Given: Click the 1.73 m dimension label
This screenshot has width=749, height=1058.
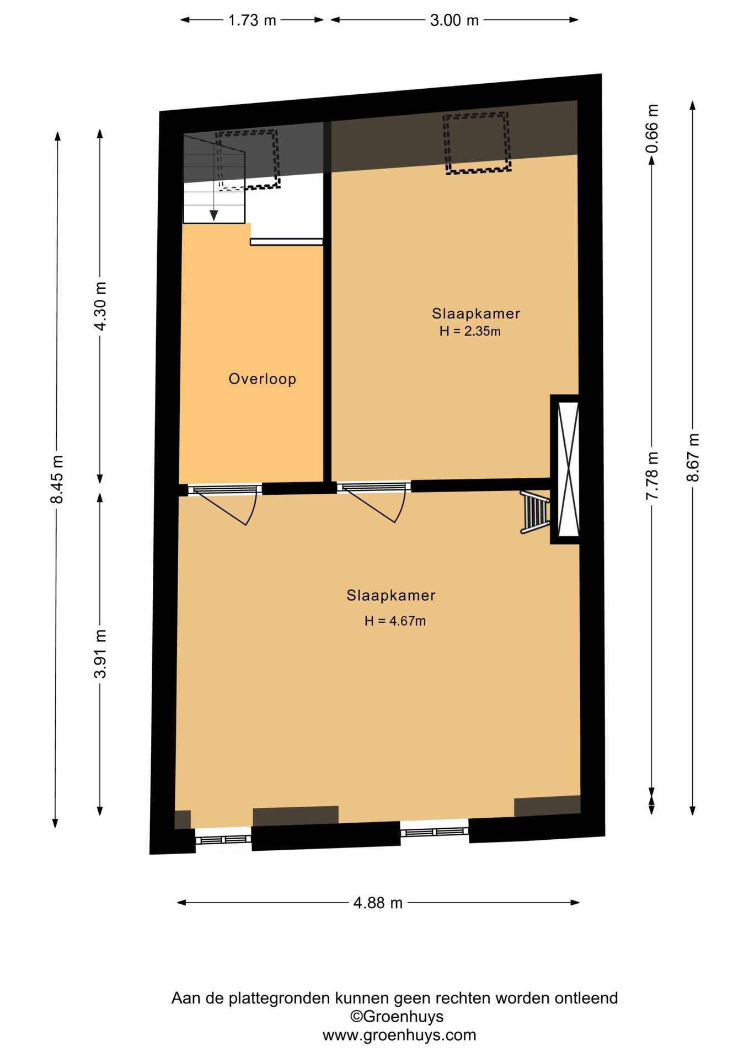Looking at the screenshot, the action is pyautogui.click(x=252, y=20).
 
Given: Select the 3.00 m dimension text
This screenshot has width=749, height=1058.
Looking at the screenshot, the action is pyautogui.click(x=454, y=20).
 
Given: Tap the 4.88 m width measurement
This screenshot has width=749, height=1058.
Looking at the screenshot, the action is pyautogui.click(x=378, y=903).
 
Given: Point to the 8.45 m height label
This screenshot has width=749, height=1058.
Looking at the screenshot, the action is pyautogui.click(x=57, y=479).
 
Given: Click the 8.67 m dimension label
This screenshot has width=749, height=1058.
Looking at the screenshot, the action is pyautogui.click(x=693, y=458).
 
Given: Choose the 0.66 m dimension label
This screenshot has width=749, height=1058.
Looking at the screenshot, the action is pyautogui.click(x=652, y=128).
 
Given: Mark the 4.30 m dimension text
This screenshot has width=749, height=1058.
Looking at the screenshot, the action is pyautogui.click(x=100, y=306).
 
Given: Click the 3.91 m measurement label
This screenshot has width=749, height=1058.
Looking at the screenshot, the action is pyautogui.click(x=100, y=654).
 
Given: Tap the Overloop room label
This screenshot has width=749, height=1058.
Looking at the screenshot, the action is pyautogui.click(x=263, y=379).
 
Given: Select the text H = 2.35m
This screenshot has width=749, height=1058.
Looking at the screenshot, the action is pyautogui.click(x=470, y=331).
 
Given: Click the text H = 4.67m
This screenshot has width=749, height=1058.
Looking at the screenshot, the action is pyautogui.click(x=395, y=621).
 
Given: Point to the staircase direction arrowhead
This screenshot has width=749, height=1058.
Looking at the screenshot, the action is pyautogui.click(x=213, y=215).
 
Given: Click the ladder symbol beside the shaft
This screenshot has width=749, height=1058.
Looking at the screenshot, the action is pyautogui.click(x=535, y=512).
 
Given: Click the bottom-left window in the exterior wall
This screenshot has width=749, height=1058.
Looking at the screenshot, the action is pyautogui.click(x=223, y=839).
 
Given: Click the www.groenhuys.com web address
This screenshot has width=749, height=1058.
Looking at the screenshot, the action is pyautogui.click(x=399, y=1035).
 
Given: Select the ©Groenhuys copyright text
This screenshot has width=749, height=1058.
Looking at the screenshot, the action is pyautogui.click(x=397, y=1017).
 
